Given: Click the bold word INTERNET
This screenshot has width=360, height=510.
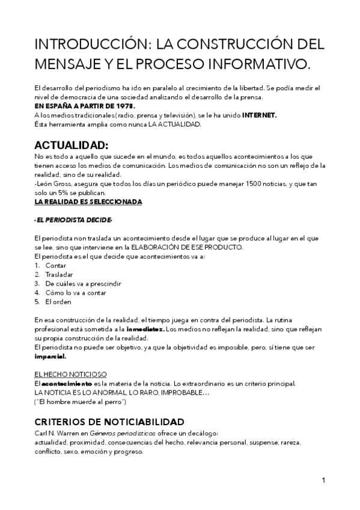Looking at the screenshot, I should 259,115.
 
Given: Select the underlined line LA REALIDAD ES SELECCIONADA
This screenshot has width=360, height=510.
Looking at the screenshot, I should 88,201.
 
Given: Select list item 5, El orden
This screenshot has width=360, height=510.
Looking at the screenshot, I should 58,301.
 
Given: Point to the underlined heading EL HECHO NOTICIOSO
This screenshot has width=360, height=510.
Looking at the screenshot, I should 71,373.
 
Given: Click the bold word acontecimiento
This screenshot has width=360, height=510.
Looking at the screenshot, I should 66,383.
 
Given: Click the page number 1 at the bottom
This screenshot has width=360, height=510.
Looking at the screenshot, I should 323,480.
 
